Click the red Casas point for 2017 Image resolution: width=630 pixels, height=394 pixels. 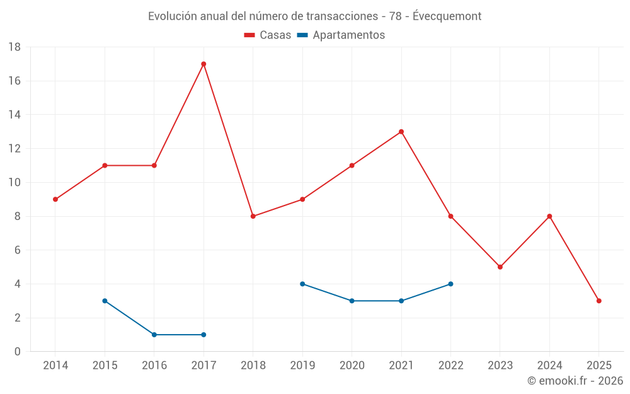click(x=203, y=64)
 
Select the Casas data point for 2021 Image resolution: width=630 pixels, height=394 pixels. click(x=401, y=132)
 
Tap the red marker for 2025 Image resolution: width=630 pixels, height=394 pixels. click(x=599, y=301)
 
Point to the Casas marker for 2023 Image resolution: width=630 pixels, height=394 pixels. click(x=500, y=267)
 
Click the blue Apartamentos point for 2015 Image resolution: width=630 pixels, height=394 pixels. click(x=105, y=301)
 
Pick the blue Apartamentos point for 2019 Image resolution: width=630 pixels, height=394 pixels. click(x=302, y=284)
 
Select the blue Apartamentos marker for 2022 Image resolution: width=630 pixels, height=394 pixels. click(x=450, y=284)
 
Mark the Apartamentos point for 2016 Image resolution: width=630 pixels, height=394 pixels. click(x=154, y=335)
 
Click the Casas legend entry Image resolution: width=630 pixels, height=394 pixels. click(x=268, y=35)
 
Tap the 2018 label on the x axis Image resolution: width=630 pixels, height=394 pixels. click(x=253, y=366)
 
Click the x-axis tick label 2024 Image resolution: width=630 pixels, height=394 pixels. click(x=549, y=366)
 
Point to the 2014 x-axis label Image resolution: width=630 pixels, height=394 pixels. click(x=55, y=366)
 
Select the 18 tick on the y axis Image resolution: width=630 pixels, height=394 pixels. click(x=14, y=47)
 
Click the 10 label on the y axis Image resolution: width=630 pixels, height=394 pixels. click(x=14, y=183)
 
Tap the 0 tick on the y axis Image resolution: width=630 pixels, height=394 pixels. click(x=18, y=352)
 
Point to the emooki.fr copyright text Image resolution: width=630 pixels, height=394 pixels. click(x=575, y=381)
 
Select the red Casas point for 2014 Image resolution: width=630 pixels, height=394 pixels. click(x=55, y=199)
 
